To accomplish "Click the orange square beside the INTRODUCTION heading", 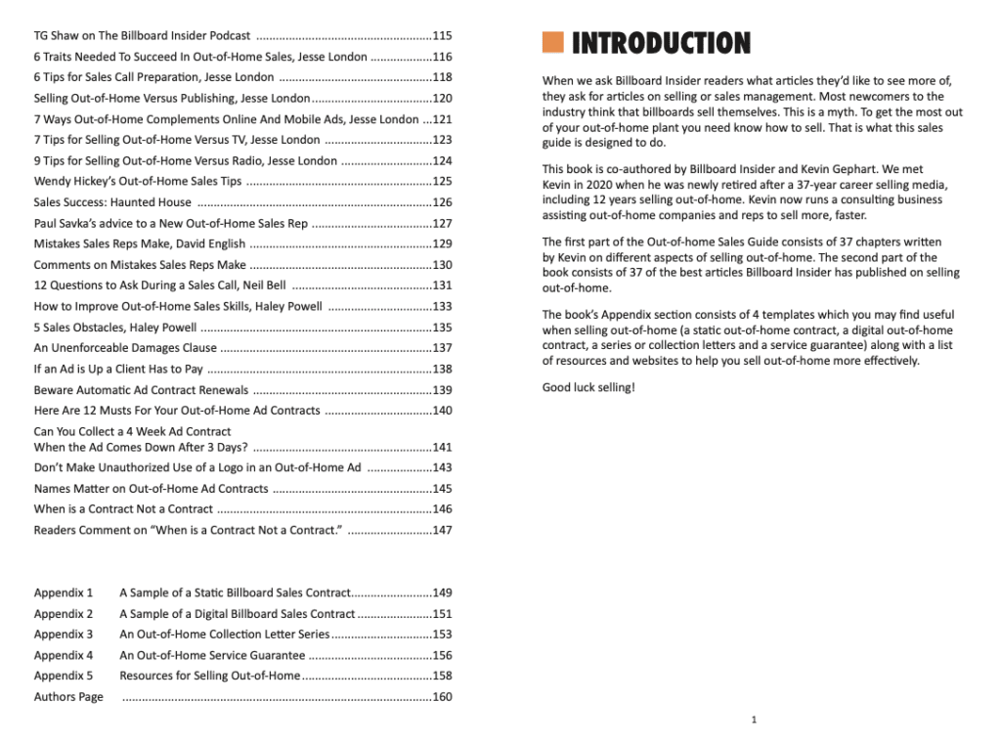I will (553, 42).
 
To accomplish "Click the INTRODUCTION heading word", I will (661, 43).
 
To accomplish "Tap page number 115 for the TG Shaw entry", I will (442, 36).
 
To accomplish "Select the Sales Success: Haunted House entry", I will (112, 202).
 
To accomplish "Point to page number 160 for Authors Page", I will (442, 697).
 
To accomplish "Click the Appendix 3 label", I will (64, 635).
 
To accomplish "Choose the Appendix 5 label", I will (64, 676).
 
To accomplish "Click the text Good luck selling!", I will (588, 388).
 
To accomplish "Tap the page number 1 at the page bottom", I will (754, 720).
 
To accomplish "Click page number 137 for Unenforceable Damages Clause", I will (442, 348).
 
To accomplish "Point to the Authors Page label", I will (68, 697).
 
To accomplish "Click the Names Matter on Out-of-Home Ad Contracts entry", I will (151, 489).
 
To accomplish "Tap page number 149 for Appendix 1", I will (442, 592).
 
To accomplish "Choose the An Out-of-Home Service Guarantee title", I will (212, 655).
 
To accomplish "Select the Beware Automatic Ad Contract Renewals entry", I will (141, 390).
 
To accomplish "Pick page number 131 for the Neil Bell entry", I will (442, 285).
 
